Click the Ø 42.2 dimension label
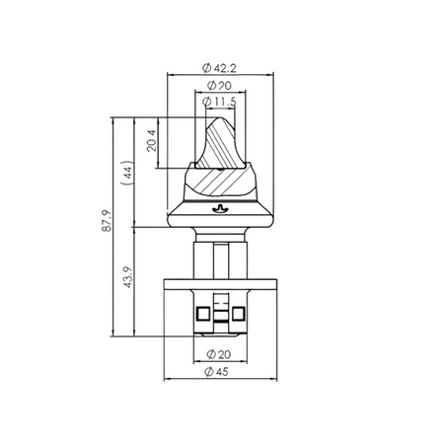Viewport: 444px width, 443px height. coord(219,68)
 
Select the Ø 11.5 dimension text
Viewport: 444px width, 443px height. coord(219,102)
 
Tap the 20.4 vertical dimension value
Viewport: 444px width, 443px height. coord(152,141)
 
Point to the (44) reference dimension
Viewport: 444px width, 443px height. coord(127,173)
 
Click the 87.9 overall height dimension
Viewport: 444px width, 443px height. coord(107,221)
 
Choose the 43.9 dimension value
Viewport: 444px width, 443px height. coord(128,277)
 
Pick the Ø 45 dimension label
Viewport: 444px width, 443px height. coord(216,372)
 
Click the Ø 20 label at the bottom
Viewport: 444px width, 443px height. coord(219,354)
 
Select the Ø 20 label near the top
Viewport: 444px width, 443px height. coord(219,86)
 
